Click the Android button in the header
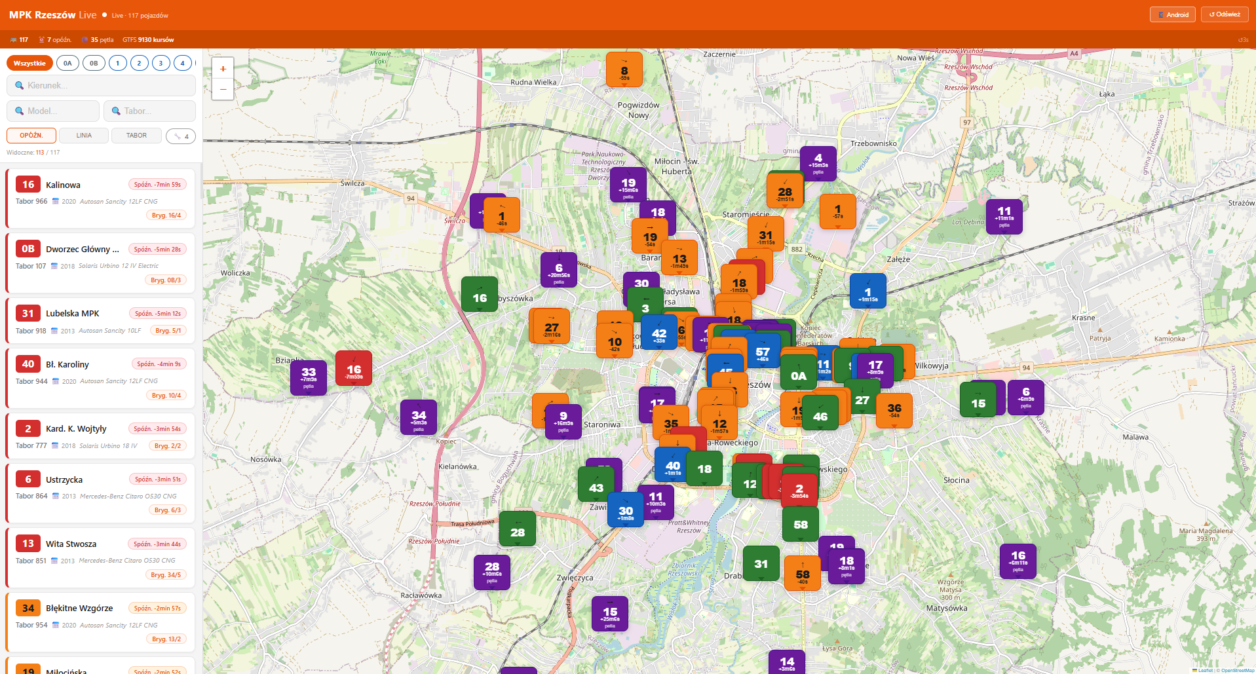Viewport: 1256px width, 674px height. coord(1173,14)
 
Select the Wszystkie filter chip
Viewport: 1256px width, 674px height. coord(29,63)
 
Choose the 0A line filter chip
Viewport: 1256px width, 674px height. coord(67,63)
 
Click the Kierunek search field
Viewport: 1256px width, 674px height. coord(101,85)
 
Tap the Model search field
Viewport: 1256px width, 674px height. coord(53,111)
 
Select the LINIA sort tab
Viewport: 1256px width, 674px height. coord(84,136)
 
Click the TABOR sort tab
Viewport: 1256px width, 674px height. coord(136,136)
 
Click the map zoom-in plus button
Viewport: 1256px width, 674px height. coord(223,69)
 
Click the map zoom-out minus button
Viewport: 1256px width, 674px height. coord(223,89)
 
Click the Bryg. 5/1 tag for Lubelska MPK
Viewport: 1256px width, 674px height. coord(168,331)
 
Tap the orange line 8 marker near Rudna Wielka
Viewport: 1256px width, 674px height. coord(624,70)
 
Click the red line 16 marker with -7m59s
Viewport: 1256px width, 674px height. coord(354,369)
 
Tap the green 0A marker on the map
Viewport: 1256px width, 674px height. coord(798,373)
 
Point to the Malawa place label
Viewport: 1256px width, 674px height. coord(1135,437)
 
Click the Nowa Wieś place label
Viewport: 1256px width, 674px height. coord(915,58)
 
